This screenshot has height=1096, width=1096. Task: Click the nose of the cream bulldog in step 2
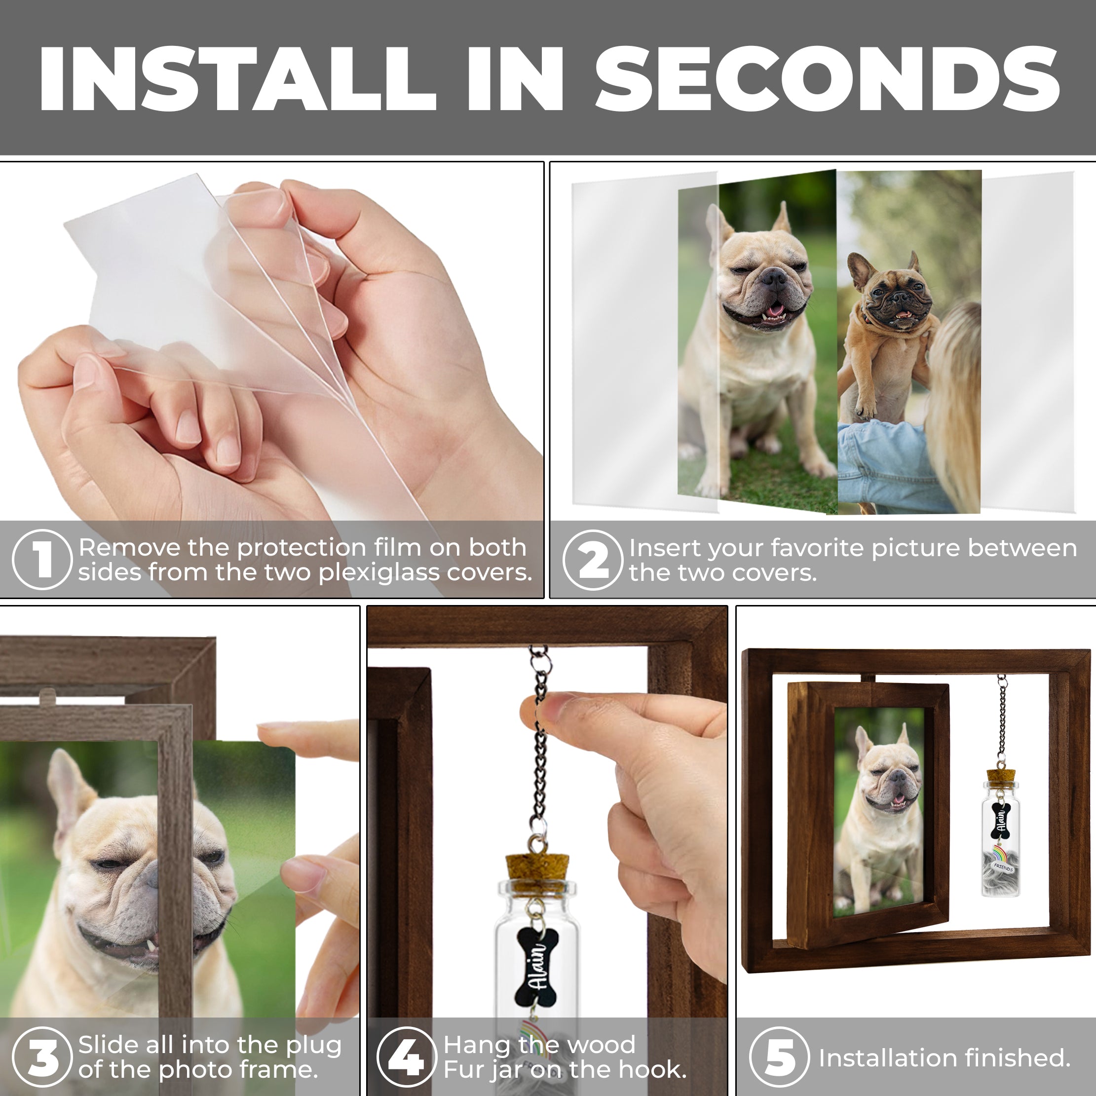(773, 278)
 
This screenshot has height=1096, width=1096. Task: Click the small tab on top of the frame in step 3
(49, 694)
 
